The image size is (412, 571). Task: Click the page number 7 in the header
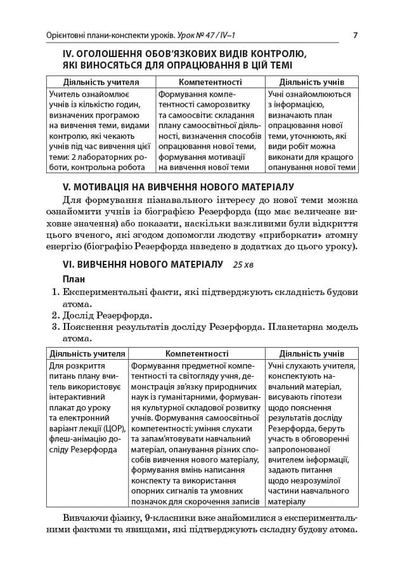[x=355, y=34]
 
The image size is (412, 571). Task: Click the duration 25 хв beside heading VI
[x=246, y=264]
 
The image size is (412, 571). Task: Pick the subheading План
[x=74, y=279]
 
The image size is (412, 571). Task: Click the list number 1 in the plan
[x=55, y=292]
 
